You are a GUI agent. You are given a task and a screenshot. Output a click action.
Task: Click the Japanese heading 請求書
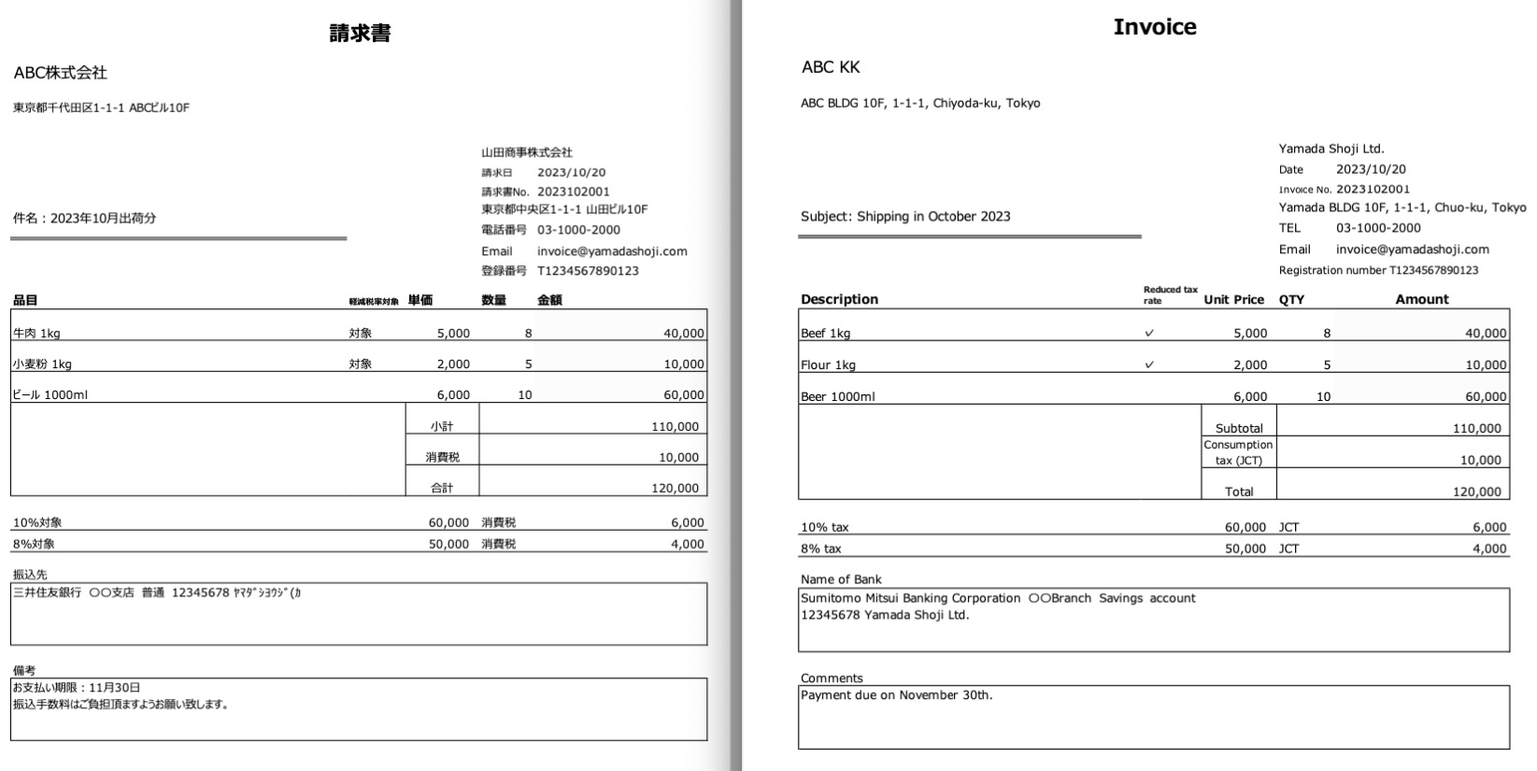tap(360, 34)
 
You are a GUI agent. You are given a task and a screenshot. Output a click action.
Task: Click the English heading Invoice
tap(1154, 27)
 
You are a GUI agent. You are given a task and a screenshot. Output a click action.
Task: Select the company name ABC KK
tap(831, 67)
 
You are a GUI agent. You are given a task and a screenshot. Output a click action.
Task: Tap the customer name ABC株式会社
tap(61, 73)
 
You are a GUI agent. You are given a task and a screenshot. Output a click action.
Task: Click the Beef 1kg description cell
tap(825, 334)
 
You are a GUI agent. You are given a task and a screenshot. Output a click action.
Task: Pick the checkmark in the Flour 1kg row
tap(1149, 365)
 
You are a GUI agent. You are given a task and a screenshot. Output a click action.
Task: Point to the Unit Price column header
tap(1233, 300)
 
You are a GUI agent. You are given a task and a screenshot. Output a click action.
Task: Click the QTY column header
tap(1291, 300)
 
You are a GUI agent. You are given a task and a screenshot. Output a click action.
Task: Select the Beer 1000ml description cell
tap(837, 397)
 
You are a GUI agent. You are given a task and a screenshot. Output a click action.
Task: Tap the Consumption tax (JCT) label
tap(1238, 452)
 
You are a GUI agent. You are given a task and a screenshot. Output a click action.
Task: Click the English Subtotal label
tap(1239, 429)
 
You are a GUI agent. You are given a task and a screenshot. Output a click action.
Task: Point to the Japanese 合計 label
tap(442, 489)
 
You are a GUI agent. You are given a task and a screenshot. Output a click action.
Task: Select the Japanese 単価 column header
tap(420, 300)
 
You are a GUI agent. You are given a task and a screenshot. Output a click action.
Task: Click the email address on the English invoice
tap(1412, 250)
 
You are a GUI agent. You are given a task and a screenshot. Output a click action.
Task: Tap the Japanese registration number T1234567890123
tap(588, 271)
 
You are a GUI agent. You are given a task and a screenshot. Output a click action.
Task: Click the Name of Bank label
tap(840, 579)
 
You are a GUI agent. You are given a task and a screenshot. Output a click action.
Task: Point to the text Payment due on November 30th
tap(896, 695)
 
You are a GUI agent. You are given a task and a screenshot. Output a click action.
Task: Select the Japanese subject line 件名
tap(84, 219)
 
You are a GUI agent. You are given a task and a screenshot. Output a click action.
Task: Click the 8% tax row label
tap(820, 550)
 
